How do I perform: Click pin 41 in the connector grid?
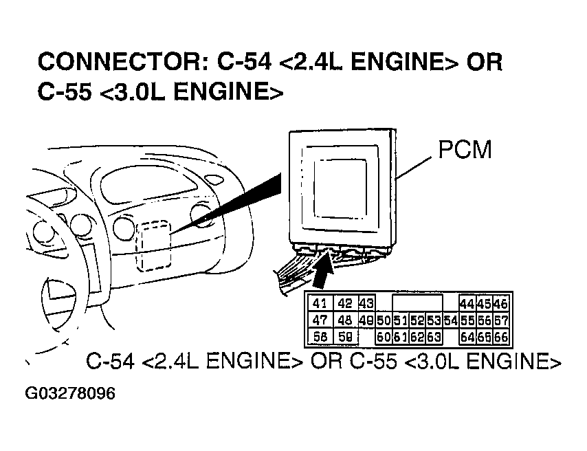coord(320,304)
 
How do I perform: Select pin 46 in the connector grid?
coord(500,304)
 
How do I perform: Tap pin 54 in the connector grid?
coord(450,320)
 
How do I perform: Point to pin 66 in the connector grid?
coord(500,337)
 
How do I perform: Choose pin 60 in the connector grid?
coord(383,337)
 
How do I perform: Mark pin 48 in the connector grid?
coord(345,320)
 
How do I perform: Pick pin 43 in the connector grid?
coord(366,304)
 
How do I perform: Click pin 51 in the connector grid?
coord(399,320)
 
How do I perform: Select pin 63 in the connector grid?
coord(433,337)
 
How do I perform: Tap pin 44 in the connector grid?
coord(467,304)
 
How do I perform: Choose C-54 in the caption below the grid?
coord(111,362)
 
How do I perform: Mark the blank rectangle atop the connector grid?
coord(417,303)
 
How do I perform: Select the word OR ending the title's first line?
coord(485,62)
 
